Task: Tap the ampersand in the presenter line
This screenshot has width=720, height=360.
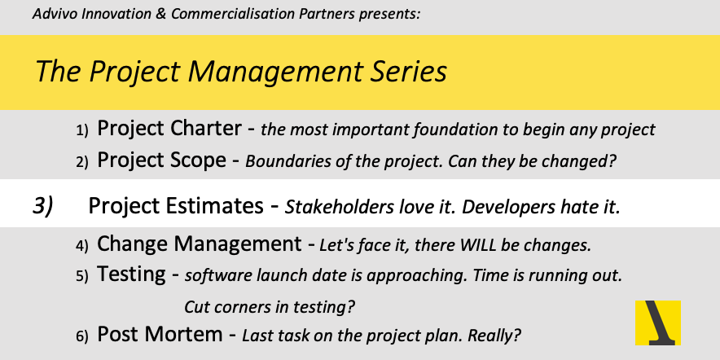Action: (161, 14)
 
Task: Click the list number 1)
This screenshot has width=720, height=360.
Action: (81, 130)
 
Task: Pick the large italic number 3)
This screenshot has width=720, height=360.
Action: (43, 206)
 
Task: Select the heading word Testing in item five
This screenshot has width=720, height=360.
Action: (131, 274)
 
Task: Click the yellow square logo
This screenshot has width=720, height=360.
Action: (657, 323)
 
